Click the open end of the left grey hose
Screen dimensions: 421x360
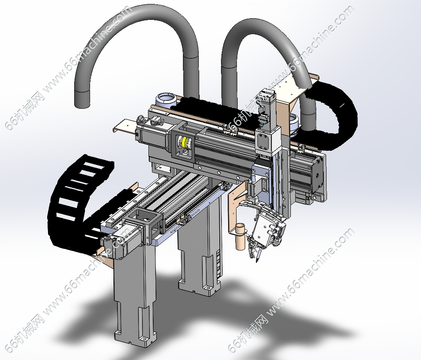coord(82,100)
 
